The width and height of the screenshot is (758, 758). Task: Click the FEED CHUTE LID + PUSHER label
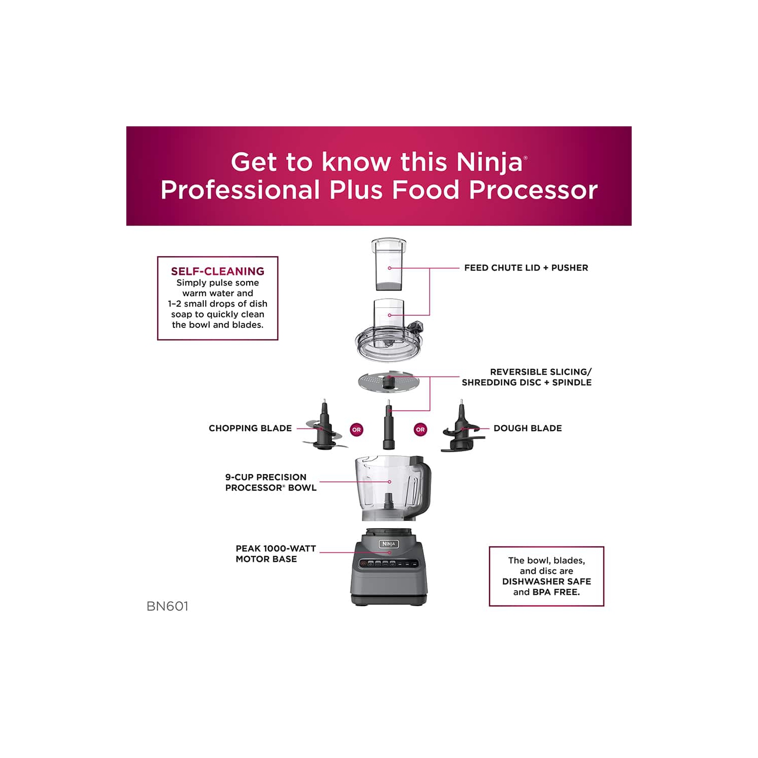point(526,268)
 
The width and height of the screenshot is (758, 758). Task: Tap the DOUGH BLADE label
point(528,428)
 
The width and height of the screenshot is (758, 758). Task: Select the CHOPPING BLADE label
point(250,428)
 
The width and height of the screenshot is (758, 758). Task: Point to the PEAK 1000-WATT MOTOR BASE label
point(275,553)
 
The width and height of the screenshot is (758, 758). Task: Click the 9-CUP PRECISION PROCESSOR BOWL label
point(270,482)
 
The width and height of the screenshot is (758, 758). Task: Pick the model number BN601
point(167,606)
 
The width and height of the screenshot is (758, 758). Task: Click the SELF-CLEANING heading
point(217,271)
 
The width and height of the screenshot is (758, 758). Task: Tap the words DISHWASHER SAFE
point(546,581)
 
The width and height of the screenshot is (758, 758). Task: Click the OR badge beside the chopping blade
point(357,430)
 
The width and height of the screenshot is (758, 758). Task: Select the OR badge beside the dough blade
point(420,430)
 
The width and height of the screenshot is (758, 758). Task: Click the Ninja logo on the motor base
point(389,544)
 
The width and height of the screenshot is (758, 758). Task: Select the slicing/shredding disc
point(389,382)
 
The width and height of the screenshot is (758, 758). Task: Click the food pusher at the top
point(389,265)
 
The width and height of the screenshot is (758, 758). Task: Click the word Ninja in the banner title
point(489,162)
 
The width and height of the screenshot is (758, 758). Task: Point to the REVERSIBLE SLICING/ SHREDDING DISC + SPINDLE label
point(527,377)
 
